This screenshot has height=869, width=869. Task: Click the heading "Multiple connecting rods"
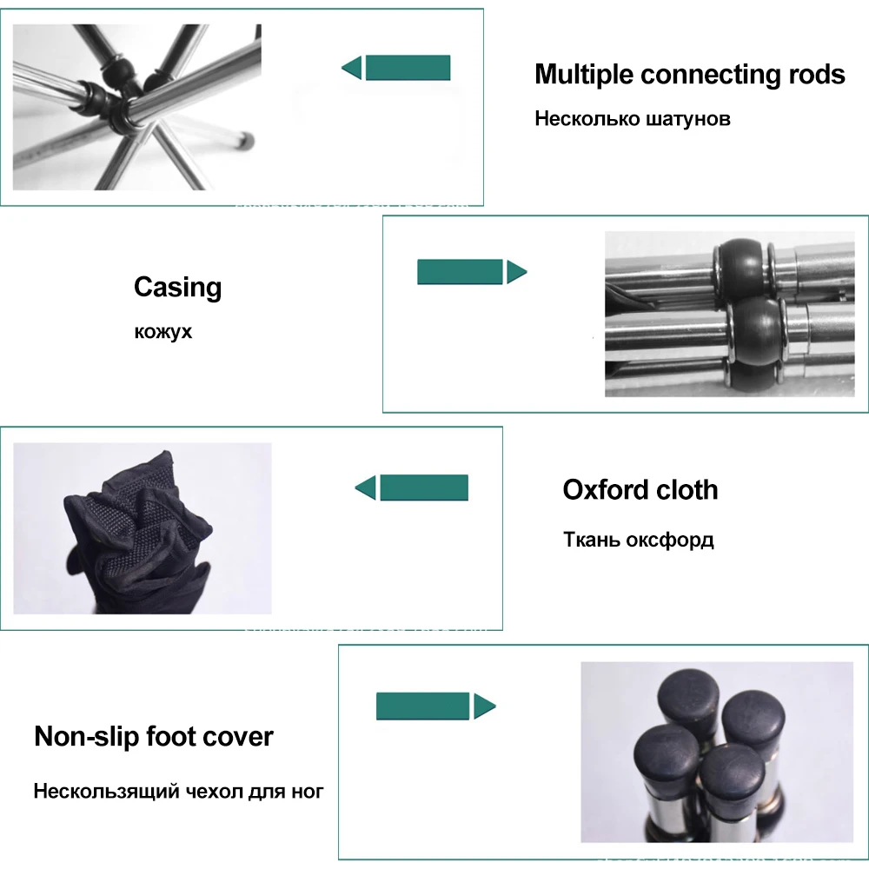point(689,75)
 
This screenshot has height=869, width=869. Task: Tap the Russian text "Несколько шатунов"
point(632,118)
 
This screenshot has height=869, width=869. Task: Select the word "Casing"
point(177,287)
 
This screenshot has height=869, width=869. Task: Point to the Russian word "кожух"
point(163,331)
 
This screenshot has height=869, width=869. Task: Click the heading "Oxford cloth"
point(640,489)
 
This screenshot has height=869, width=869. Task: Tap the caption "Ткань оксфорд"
point(638,540)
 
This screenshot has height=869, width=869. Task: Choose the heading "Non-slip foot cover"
point(154,737)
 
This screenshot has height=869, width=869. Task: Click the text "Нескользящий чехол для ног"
point(178,792)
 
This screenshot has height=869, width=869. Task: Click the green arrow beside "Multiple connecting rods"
point(396,68)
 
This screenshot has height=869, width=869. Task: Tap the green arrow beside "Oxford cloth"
point(412,488)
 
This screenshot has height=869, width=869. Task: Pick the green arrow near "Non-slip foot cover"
point(435,706)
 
